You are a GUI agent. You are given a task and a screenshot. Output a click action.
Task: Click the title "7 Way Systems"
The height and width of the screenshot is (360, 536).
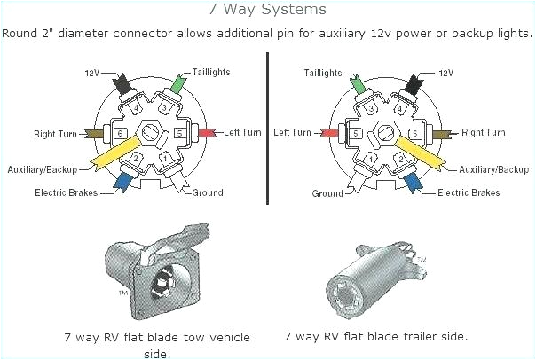pyautogui.click(x=267, y=10)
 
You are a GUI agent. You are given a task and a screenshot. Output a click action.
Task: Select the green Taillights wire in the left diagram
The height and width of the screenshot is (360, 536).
pyautogui.click(x=179, y=85)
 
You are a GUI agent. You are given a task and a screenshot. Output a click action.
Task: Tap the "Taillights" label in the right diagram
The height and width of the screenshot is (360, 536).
pyautogui.click(x=325, y=72)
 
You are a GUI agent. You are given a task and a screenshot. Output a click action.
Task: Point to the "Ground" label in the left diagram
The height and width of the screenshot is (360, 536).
pyautogui.click(x=208, y=192)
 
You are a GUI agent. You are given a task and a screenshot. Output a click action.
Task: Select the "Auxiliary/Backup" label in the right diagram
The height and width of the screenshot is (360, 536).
pyautogui.click(x=493, y=168)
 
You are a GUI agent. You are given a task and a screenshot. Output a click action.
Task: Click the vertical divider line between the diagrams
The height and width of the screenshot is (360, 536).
pyautogui.click(x=267, y=129)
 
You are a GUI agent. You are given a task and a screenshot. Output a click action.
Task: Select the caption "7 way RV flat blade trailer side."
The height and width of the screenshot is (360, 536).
pyautogui.click(x=376, y=337)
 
